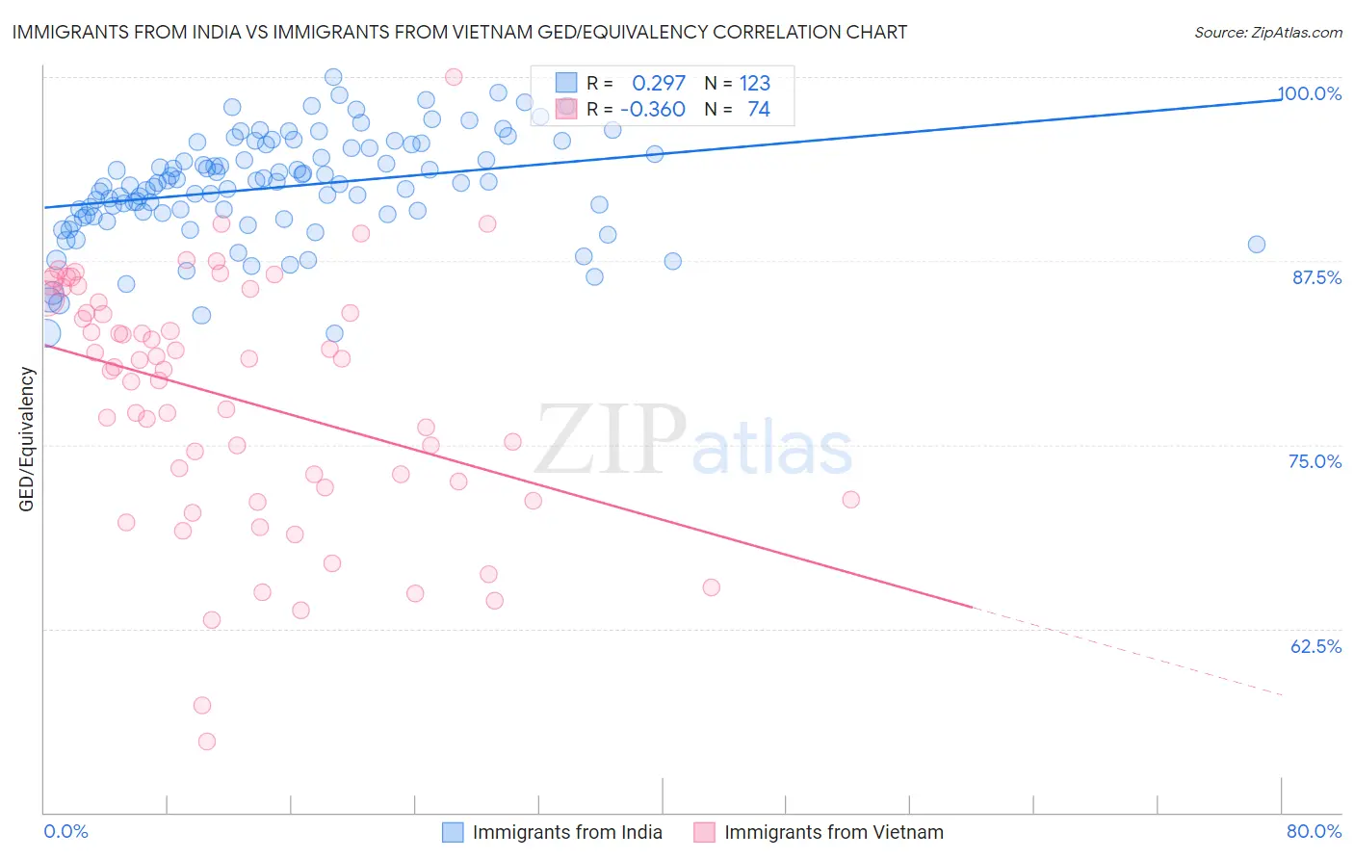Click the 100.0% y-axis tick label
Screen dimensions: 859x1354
click(x=1310, y=93)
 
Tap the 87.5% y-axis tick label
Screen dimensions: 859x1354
click(x=1316, y=277)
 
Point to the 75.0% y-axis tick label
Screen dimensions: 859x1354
click(x=1315, y=461)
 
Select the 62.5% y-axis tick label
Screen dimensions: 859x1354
click(x=1315, y=646)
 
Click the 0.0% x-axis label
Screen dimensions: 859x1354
click(x=65, y=831)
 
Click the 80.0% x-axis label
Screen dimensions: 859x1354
click(x=1314, y=831)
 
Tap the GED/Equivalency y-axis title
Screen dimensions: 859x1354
click(x=27, y=439)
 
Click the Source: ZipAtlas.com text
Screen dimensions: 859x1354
click(x=1267, y=33)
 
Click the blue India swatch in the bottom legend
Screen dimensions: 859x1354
click(x=453, y=832)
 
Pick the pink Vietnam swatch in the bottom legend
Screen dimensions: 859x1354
click(x=704, y=832)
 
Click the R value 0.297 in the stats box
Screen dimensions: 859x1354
click(x=659, y=84)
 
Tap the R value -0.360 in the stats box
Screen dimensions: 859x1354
click(x=653, y=110)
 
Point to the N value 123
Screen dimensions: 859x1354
click(x=754, y=84)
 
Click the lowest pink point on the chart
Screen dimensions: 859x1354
click(x=207, y=742)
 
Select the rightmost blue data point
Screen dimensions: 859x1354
click(x=1257, y=245)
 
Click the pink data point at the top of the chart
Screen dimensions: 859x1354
click(x=454, y=77)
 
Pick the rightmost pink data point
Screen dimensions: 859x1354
click(x=850, y=499)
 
